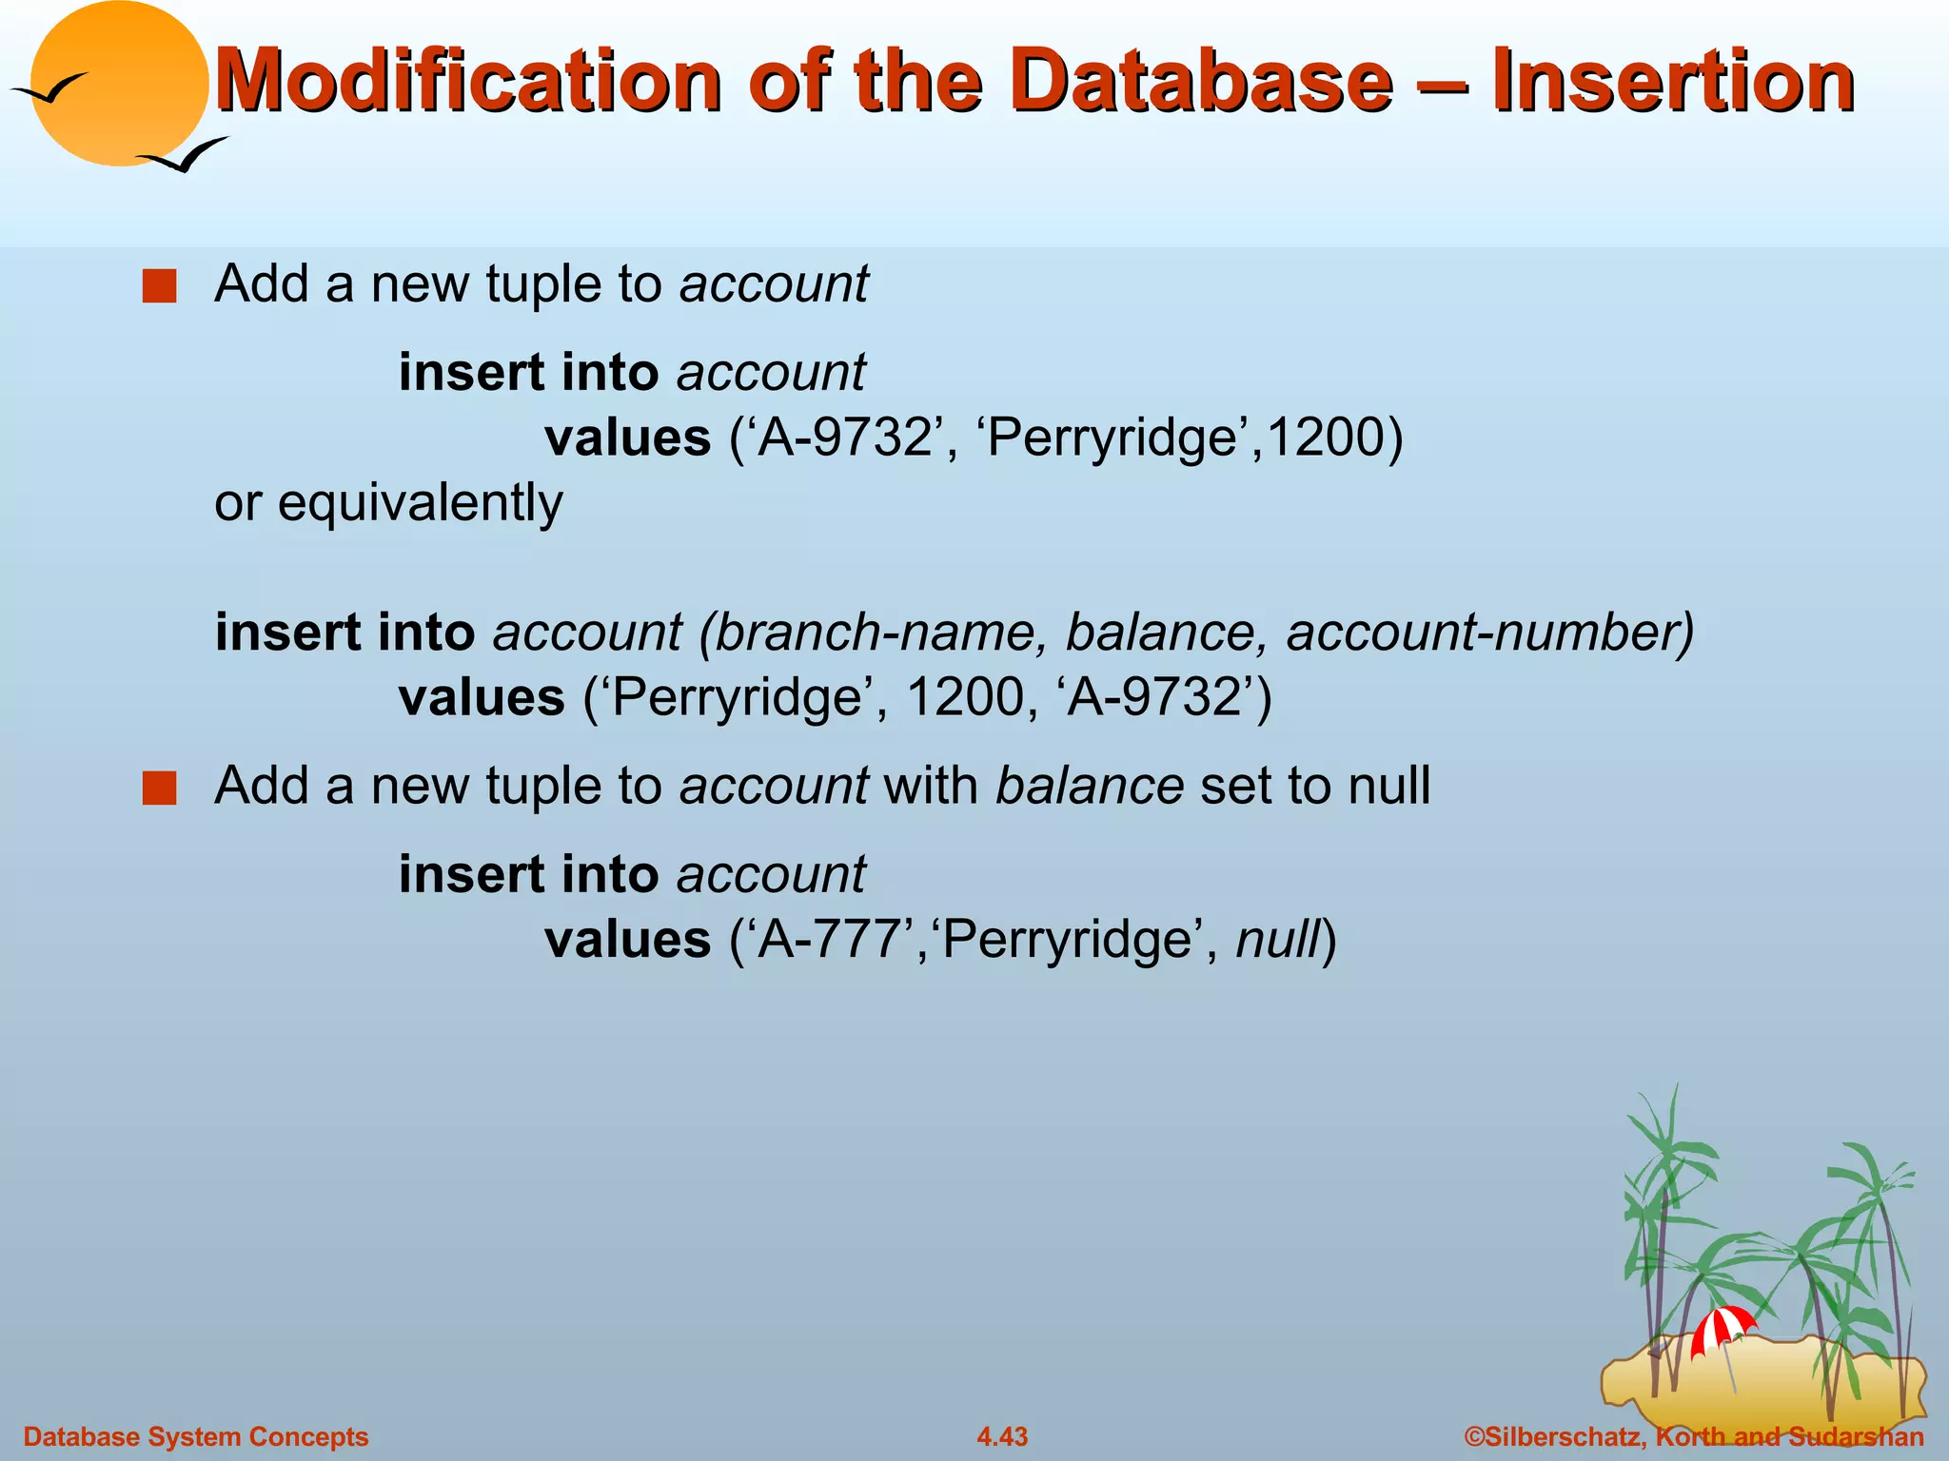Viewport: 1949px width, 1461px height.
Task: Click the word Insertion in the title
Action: point(1672,82)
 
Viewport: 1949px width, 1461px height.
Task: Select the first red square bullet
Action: point(159,286)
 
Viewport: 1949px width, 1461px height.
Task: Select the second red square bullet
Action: point(159,789)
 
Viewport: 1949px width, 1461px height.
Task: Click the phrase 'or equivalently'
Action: point(388,503)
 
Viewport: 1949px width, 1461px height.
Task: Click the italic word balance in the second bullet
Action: point(1089,787)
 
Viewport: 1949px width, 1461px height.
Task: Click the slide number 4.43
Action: point(1002,1436)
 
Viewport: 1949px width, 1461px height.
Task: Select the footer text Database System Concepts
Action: point(195,1436)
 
